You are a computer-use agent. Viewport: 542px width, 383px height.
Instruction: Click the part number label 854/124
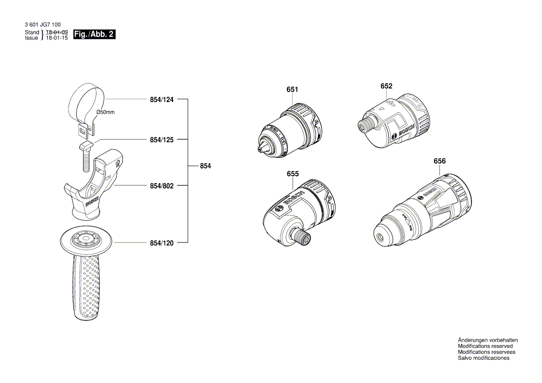click(x=161, y=99)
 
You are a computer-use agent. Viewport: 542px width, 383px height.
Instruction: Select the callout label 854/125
click(x=161, y=139)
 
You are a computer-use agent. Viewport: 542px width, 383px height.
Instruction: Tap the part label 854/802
click(x=161, y=185)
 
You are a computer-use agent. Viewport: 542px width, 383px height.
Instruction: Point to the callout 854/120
click(x=161, y=243)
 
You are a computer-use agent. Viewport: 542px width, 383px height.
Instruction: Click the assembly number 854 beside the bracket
click(x=205, y=166)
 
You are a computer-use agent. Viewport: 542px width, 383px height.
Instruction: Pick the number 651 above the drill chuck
click(x=292, y=89)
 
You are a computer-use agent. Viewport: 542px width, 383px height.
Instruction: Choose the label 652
click(x=386, y=86)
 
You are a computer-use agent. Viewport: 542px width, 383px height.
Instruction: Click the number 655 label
click(x=293, y=174)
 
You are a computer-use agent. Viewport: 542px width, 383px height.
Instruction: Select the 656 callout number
click(x=440, y=161)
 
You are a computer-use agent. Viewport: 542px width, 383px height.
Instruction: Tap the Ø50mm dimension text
click(x=105, y=113)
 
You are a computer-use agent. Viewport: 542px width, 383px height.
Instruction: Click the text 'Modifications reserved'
click(x=485, y=346)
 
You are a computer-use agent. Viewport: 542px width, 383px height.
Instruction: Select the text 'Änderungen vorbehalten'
click(x=488, y=340)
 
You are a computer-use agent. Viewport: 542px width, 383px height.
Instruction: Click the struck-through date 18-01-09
click(x=57, y=32)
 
